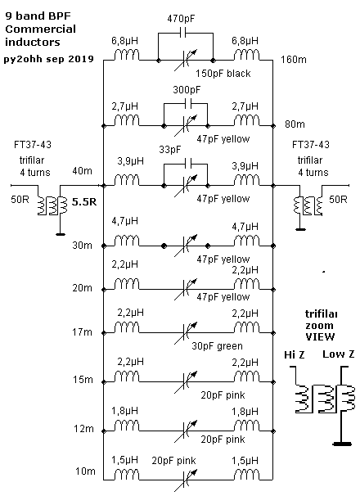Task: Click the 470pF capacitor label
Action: (181, 19)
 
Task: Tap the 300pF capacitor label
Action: (187, 90)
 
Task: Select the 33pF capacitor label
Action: (170, 150)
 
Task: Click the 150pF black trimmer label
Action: (223, 74)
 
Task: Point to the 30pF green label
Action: (217, 345)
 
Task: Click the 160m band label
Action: (294, 60)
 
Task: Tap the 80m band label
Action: (295, 124)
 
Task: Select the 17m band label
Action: (82, 332)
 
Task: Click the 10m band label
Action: (85, 471)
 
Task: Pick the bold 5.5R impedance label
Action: (83, 202)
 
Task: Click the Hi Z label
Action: (295, 355)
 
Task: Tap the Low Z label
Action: (338, 354)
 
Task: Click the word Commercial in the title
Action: (40, 29)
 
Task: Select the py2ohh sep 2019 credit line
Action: (49, 59)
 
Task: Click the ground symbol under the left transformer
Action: (60, 234)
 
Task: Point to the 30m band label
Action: (82, 246)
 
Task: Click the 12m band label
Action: (83, 429)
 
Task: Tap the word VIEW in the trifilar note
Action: (320, 337)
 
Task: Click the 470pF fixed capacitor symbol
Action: (182, 33)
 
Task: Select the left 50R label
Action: (20, 200)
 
